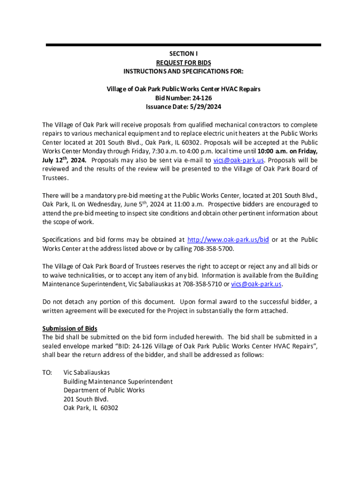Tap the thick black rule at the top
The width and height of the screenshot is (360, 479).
(183, 45)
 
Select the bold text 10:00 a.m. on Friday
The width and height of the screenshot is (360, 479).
(288, 151)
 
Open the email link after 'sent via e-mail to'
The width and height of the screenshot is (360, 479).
(238, 160)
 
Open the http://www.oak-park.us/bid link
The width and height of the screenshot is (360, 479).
(228, 239)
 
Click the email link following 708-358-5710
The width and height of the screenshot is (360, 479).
(256, 284)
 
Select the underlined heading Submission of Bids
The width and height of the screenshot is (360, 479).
(70, 328)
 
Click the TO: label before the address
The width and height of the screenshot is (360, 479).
(47, 373)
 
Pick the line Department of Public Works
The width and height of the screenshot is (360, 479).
(104, 390)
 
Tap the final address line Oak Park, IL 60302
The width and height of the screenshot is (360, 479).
(91, 408)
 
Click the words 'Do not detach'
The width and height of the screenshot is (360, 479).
(63, 302)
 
